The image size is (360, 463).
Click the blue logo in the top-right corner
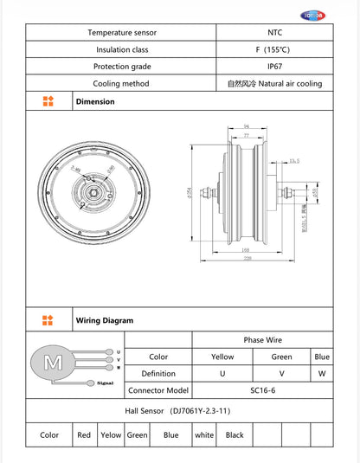[335, 15]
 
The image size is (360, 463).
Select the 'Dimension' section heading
[94, 101]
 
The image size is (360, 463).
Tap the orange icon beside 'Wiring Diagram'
[48, 320]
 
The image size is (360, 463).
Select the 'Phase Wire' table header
[263, 340]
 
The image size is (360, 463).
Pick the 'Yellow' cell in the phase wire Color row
[222, 357]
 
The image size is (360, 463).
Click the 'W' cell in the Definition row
[321, 373]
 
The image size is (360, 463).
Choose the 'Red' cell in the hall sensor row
[84, 435]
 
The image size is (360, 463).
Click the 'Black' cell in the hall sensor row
[235, 435]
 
